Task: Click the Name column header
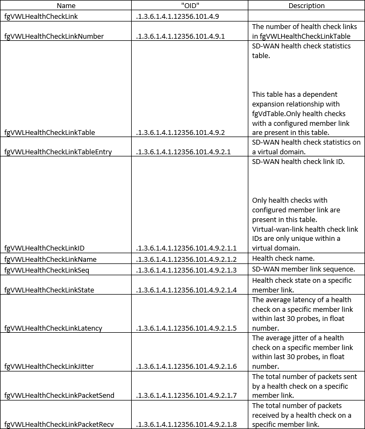click(x=66, y=5)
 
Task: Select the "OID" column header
click(x=190, y=5)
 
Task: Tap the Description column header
click(x=306, y=5)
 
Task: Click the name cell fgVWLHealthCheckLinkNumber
click(x=54, y=36)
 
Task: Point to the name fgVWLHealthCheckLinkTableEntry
click(x=58, y=152)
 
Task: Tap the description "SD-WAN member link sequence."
click(x=303, y=269)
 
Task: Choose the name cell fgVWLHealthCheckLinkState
click(x=49, y=290)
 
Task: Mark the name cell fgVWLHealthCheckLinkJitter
click(x=49, y=366)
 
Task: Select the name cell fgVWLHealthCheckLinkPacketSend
click(x=59, y=395)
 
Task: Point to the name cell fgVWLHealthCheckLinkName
click(x=50, y=259)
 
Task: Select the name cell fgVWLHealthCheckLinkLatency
click(x=53, y=328)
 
